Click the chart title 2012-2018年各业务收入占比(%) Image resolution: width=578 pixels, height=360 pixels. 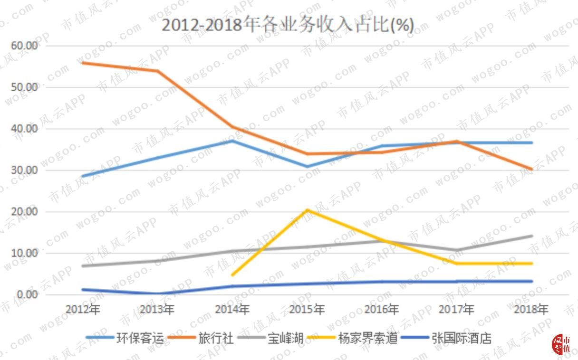pos(288,25)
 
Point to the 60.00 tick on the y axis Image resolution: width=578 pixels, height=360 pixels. pos(24,46)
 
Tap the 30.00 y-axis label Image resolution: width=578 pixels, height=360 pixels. pos(24,170)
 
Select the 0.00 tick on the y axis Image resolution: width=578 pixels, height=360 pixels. pos(27,294)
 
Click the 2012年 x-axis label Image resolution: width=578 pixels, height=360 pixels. pos(83,309)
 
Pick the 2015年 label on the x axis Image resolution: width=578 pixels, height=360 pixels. pos(307,309)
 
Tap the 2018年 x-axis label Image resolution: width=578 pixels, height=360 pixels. pos(531,309)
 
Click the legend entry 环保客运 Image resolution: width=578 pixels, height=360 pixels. pos(125,338)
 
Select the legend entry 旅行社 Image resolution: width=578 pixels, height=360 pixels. pos(201,338)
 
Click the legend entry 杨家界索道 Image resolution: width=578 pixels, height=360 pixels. pos(353,338)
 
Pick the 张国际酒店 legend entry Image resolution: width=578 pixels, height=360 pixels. pos(446,338)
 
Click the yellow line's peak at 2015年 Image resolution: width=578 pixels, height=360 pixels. pos(307,210)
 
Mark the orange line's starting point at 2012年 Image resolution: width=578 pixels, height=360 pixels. pos(83,63)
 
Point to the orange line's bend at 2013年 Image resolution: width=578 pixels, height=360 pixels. pos(158,71)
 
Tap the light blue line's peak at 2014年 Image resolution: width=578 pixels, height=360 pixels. pos(232,141)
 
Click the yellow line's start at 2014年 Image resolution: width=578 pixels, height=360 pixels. pos(232,275)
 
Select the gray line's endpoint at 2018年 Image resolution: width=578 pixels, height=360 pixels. pos(531,236)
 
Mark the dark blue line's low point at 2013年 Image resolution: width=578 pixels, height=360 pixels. pos(158,294)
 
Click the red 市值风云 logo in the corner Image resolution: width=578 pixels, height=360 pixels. pos(561,344)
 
